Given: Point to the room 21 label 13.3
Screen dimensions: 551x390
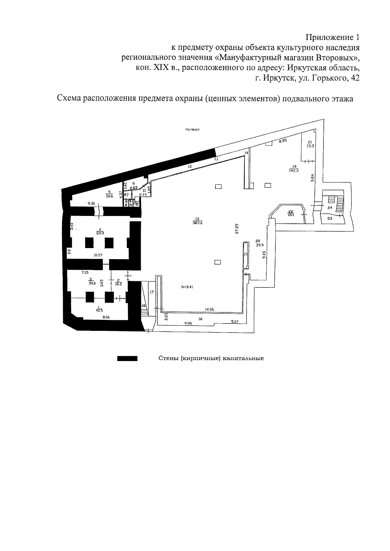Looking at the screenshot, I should (310, 146).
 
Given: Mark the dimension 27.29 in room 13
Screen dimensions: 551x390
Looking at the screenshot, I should (237, 228).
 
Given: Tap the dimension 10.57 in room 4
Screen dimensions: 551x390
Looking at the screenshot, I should (98, 255).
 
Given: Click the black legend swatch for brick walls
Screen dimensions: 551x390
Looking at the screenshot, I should (127, 359).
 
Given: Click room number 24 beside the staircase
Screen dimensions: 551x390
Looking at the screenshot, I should (330, 207).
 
